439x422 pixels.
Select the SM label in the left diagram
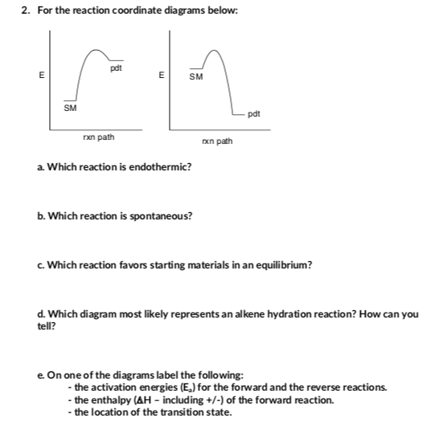pos(70,107)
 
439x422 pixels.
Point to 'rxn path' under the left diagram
pos(98,137)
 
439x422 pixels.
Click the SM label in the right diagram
pos(195,78)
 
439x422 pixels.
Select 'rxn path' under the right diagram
pos(217,141)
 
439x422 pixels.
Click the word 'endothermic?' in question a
pos(159,166)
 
